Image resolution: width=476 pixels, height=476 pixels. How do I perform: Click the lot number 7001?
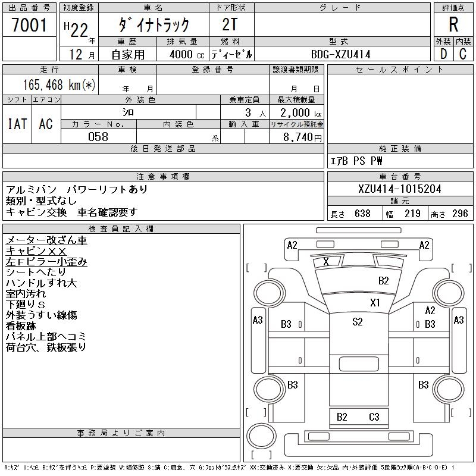click(29, 25)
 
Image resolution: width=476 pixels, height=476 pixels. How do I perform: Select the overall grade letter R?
click(453, 24)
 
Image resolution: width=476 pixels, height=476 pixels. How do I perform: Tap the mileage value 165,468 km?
click(52, 84)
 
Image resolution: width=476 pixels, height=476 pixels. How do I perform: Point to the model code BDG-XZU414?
click(340, 54)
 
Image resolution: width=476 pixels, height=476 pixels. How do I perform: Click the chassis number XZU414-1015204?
click(399, 189)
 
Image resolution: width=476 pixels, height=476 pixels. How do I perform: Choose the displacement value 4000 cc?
click(187, 54)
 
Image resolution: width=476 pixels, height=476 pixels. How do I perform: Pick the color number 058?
click(98, 137)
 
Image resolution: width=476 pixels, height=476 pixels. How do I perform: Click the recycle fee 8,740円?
click(302, 137)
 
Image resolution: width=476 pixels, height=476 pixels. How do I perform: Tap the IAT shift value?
click(17, 124)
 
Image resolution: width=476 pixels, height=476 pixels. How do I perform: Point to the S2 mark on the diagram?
click(358, 322)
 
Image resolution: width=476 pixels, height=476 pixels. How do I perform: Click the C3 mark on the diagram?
click(374, 417)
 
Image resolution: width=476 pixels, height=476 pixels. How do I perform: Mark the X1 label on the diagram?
click(375, 303)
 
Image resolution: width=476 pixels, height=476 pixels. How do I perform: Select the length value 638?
click(362, 214)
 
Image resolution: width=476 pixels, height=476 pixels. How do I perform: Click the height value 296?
click(460, 214)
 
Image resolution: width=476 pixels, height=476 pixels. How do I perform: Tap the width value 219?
click(412, 214)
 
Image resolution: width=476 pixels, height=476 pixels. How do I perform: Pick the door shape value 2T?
click(230, 24)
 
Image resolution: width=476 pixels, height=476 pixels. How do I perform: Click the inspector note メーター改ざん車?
click(46, 240)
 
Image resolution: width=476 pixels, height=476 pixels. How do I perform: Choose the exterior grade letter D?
click(443, 54)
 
